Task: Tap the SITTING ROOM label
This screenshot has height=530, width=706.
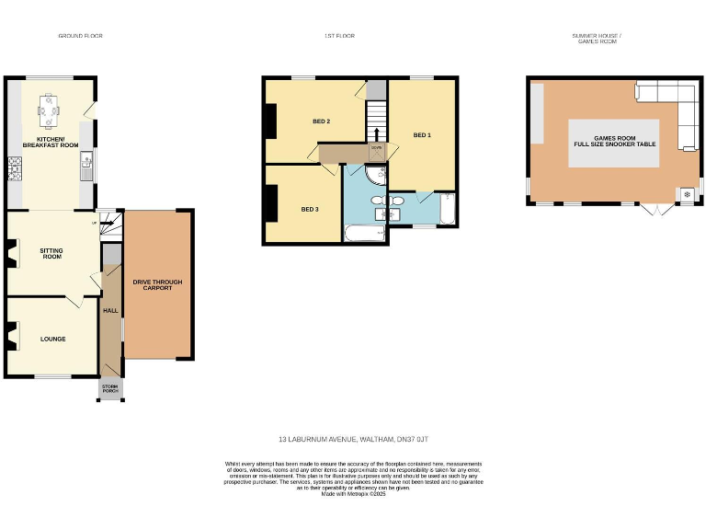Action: (x=51, y=253)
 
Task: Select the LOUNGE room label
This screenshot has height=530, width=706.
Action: (x=52, y=339)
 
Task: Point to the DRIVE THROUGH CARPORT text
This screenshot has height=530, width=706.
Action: (x=158, y=283)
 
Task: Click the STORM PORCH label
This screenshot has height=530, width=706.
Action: (x=109, y=390)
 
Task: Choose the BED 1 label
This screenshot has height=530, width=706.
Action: (x=422, y=135)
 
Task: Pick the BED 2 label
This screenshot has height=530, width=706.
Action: (x=321, y=121)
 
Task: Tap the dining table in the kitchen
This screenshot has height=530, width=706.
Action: (x=50, y=109)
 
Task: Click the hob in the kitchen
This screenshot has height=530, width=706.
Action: (x=15, y=167)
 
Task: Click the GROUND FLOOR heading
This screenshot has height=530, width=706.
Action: (x=80, y=36)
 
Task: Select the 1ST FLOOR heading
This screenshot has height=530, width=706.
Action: (x=339, y=36)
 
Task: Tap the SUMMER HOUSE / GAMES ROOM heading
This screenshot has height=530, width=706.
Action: (x=598, y=39)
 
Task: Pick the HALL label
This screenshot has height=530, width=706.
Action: (x=109, y=311)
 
